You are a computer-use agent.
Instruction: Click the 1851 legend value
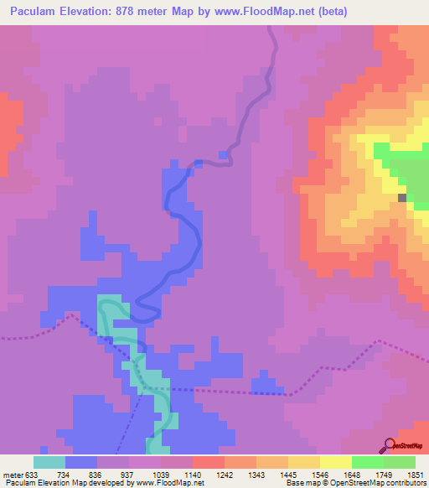click(414, 474)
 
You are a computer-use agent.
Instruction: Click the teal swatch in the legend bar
click(49, 462)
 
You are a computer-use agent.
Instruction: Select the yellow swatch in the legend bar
click(335, 462)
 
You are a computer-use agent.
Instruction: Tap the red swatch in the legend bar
click(208, 462)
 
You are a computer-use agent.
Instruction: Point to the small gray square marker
click(402, 198)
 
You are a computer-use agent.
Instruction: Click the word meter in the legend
click(13, 474)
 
